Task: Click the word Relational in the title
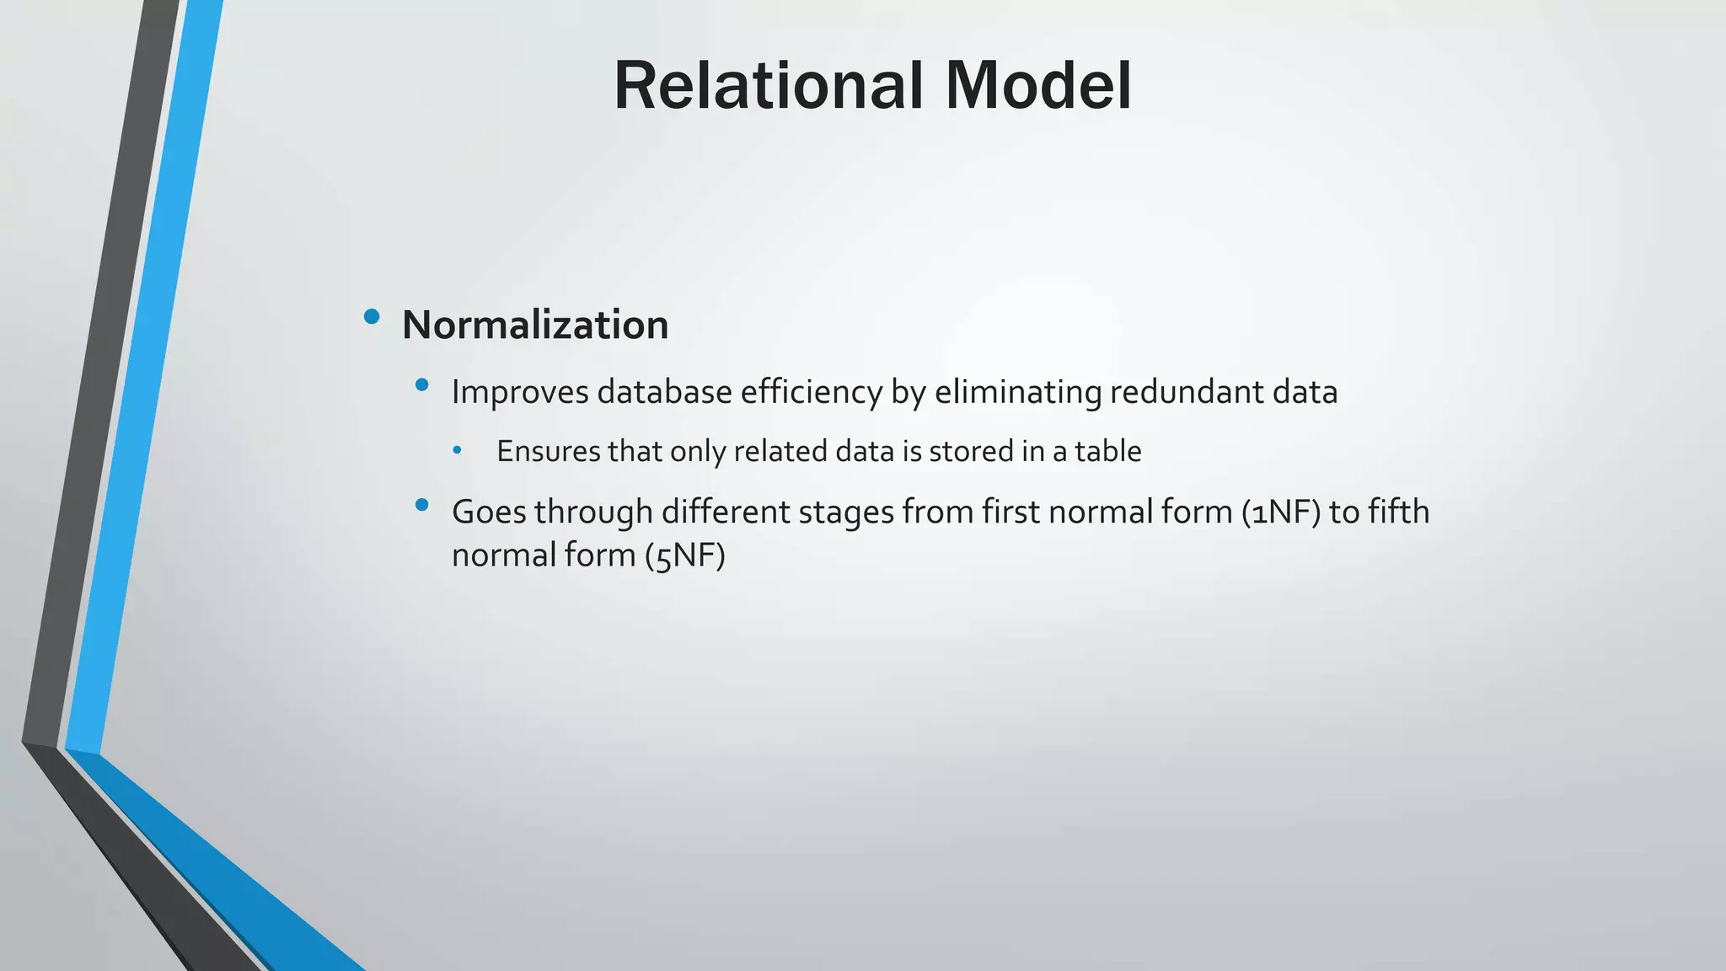770,86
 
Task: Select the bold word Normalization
535,325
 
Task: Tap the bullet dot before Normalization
372,317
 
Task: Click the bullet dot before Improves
422,385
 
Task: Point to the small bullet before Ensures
457,451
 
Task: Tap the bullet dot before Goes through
422,505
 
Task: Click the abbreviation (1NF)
1280,512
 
